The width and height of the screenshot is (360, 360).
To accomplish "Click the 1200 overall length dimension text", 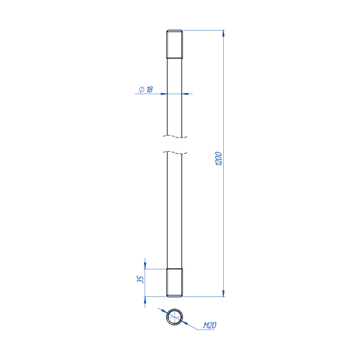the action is pyautogui.click(x=219, y=158).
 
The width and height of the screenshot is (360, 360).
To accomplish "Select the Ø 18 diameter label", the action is pyautogui.click(x=146, y=89).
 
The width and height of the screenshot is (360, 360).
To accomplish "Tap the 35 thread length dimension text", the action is pyautogui.click(x=140, y=279).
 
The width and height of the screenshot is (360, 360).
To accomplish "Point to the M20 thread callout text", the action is pyautogui.click(x=210, y=325).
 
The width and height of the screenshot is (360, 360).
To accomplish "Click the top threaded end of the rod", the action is pyautogui.click(x=175, y=44).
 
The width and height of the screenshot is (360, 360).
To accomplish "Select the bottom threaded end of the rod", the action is pyautogui.click(x=175, y=283).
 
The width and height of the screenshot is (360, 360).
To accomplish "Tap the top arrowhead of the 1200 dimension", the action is pyautogui.click(x=223, y=33).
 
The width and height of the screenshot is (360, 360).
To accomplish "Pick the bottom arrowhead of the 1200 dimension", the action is pyautogui.click(x=223, y=293).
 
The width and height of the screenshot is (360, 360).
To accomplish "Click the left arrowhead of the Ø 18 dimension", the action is pyautogui.click(x=164, y=94).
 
